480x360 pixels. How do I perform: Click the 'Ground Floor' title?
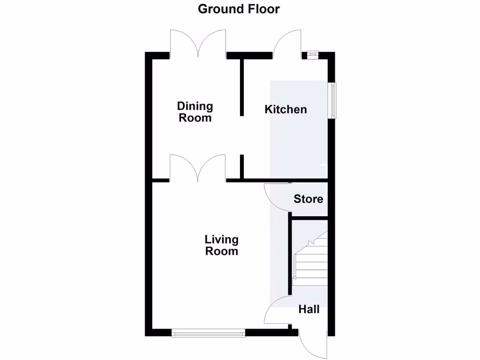click(x=239, y=9)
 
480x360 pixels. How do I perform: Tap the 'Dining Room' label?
click(x=195, y=112)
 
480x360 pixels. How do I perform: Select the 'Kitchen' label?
click(x=286, y=109)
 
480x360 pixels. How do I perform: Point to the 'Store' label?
click(x=308, y=199)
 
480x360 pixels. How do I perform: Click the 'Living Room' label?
click(x=221, y=245)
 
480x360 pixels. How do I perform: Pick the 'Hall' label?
click(x=309, y=309)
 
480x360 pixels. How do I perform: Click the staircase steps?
click(x=310, y=262)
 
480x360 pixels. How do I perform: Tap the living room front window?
click(x=209, y=333)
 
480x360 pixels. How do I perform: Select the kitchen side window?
click(x=332, y=100)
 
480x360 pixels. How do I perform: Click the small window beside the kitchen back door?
click(x=313, y=54)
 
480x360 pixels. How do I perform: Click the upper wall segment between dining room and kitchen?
click(x=242, y=87)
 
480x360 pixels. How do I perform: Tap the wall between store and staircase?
click(x=308, y=217)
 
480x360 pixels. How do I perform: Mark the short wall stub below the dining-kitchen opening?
click(x=242, y=166)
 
